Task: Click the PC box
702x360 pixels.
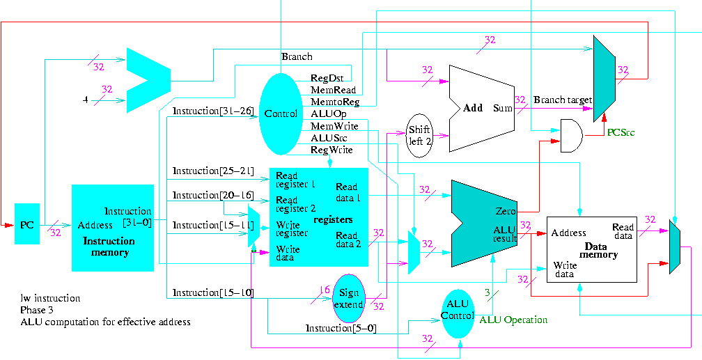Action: (27, 224)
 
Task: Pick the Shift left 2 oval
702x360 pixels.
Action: (420, 135)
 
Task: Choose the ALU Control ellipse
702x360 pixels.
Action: (457, 311)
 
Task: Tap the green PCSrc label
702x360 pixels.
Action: (621, 132)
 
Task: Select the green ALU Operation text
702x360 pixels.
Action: (513, 320)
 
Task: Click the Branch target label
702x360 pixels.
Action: (562, 100)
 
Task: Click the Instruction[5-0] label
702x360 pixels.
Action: (341, 328)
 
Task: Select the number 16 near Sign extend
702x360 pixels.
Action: (324, 289)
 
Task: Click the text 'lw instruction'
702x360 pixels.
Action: (50, 298)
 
